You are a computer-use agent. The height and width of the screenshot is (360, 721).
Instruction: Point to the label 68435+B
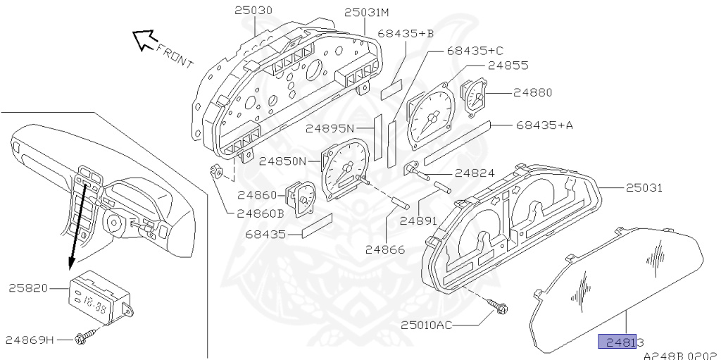point(406,33)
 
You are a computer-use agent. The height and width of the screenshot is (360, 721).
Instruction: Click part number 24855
point(508,66)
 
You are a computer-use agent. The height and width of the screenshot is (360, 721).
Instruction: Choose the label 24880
point(532,92)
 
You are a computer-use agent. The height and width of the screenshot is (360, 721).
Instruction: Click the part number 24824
point(474,173)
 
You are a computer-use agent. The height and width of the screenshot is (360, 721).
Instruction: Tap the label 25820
point(27,287)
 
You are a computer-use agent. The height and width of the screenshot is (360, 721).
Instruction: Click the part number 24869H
point(30,340)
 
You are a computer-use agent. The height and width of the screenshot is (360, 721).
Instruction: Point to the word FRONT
point(174,56)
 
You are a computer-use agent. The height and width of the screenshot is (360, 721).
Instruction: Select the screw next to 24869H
point(83,340)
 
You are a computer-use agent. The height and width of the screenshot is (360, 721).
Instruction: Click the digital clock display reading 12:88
point(94,306)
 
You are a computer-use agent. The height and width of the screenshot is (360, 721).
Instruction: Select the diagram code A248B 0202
point(679,354)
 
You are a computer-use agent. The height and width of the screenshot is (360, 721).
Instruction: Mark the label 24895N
point(330,129)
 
